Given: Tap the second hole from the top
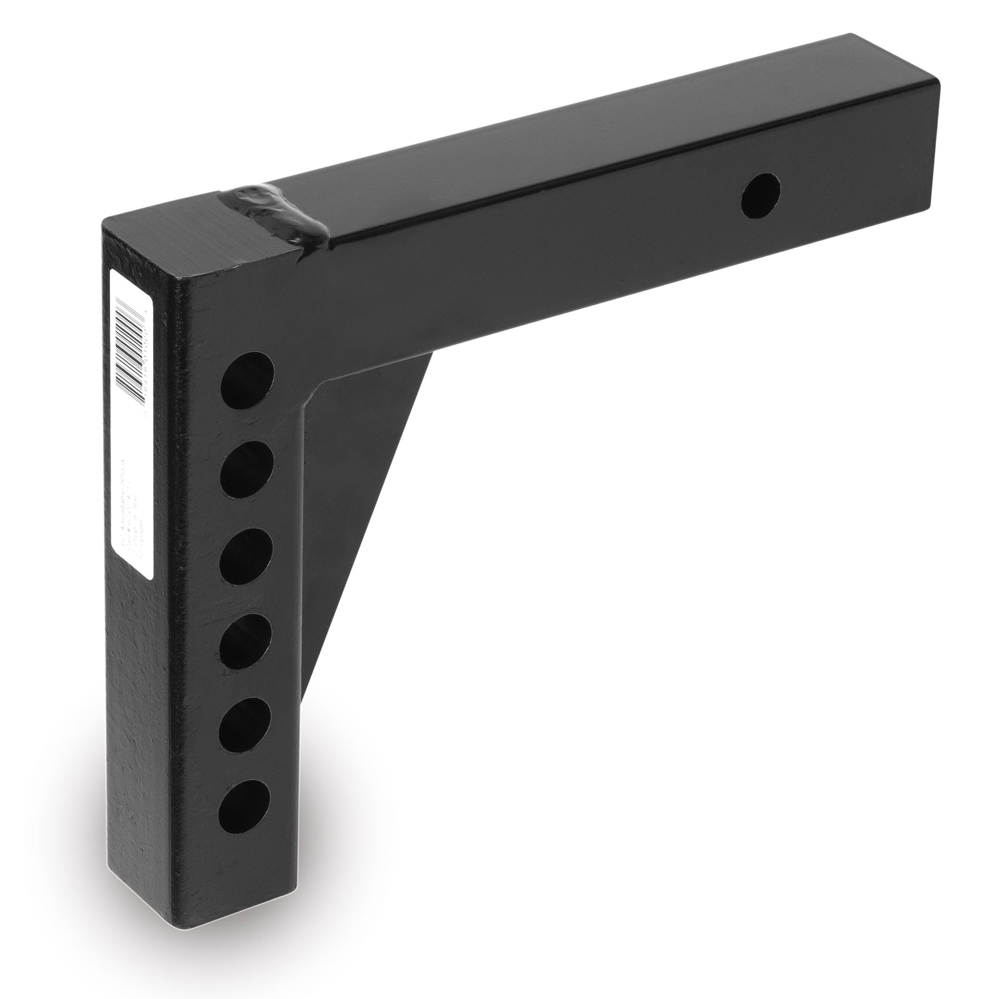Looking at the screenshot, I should [x=247, y=468].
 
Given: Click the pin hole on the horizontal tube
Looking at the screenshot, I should [x=761, y=195].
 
